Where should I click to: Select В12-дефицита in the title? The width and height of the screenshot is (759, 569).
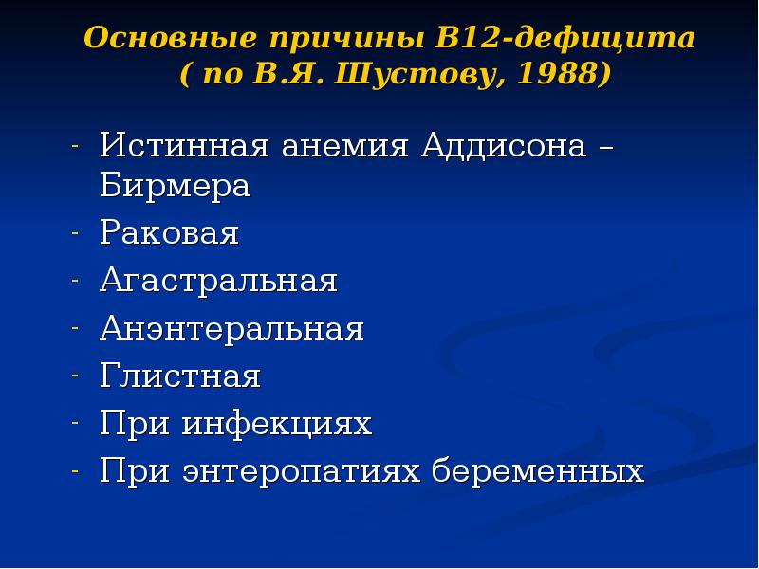[565, 39]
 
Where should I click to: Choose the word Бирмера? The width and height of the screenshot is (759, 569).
[176, 186]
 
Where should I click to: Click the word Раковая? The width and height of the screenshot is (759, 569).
[170, 233]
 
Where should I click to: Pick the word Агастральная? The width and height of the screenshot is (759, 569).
[219, 281]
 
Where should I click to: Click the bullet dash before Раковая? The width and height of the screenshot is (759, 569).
[74, 233]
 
